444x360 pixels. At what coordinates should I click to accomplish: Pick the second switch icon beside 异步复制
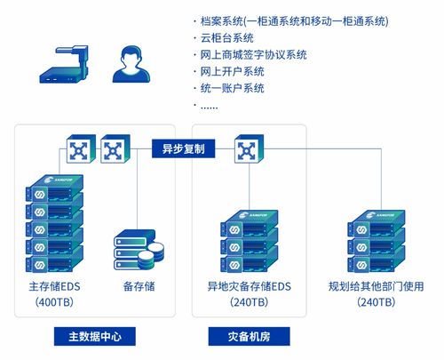pos(115,150)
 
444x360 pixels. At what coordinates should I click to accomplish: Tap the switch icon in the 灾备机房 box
pos(248,150)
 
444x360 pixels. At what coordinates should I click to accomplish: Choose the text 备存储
pos(139,287)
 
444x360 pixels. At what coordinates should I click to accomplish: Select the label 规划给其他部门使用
pos(376,287)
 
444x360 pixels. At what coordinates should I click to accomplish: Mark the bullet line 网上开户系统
pos(232,71)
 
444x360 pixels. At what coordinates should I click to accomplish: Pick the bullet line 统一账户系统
pos(232,88)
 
